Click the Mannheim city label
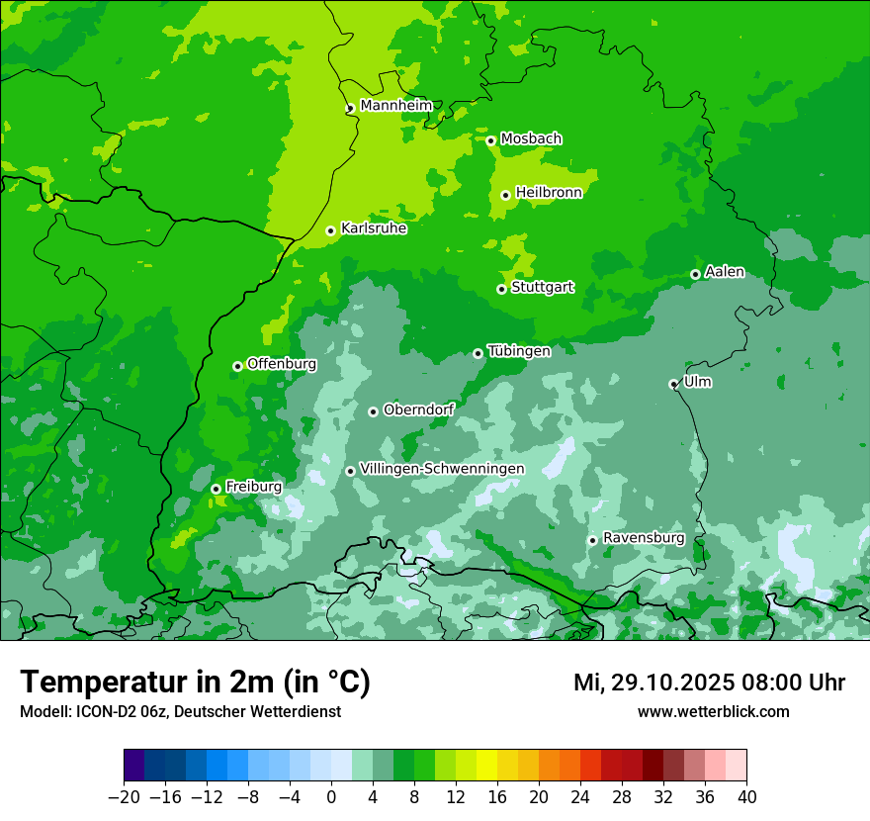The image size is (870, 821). coord(395,106)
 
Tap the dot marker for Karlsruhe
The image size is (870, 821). coord(330,231)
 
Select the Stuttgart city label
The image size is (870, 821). coord(542,288)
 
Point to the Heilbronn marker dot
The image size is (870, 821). coord(505,195)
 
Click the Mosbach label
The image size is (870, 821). coord(531,139)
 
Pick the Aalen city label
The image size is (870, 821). coord(725,272)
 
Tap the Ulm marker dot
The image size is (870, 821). coord(673,384)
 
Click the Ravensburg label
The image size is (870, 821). coord(644,538)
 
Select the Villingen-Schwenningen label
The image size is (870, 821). coord(442,469)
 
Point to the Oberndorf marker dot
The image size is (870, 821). coord(373,411)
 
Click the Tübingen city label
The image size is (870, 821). coord(519,351)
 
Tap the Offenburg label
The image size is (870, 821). coord(282,364)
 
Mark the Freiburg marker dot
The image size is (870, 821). coord(216,489)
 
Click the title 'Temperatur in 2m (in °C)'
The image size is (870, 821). coord(195,682)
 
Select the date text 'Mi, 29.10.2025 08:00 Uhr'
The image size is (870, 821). coord(709,683)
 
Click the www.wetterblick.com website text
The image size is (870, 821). coord(713,711)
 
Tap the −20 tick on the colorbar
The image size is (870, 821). coord(124,797)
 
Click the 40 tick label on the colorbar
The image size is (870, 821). coord(746,797)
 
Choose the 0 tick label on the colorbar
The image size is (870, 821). coord(331,797)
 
